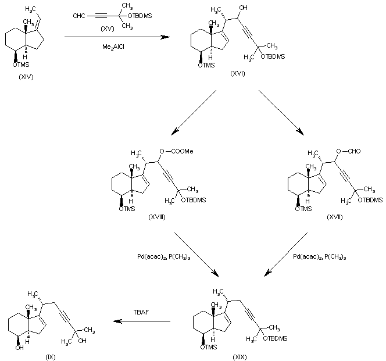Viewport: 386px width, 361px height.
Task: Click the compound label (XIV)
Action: point(26,77)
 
